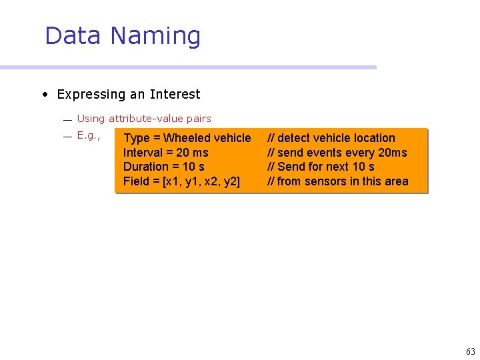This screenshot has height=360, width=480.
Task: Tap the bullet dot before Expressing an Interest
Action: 44,95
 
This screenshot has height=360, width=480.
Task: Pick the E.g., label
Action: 88,135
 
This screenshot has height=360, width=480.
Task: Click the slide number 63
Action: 471,351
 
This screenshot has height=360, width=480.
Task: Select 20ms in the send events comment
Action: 392,153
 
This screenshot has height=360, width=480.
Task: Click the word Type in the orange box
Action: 137,138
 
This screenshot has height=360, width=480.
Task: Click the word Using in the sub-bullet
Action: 91,119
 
